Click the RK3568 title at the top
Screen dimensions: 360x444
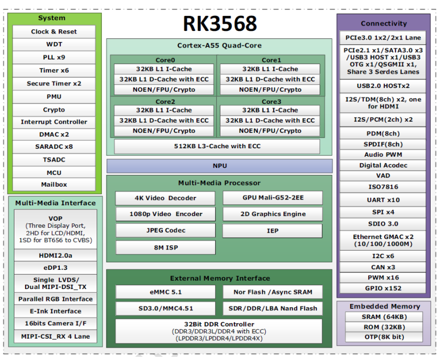[219, 23]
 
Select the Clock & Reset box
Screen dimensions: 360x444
[54, 31]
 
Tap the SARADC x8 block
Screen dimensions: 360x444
[54, 147]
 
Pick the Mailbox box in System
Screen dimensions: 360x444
[54, 185]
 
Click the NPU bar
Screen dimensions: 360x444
[219, 166]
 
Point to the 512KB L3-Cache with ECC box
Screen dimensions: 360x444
[217, 146]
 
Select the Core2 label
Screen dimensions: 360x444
[165, 101]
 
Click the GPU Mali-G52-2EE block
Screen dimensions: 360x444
[272, 198]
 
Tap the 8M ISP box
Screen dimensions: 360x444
[165, 247]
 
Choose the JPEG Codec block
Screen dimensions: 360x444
[165, 230]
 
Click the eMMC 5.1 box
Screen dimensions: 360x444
[165, 292]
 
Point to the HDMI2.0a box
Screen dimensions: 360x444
[55, 255]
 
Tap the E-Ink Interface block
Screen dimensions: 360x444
[55, 311]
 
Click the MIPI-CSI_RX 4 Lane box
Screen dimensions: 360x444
[55, 337]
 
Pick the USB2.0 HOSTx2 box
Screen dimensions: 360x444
[383, 86]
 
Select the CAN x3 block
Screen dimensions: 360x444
[383, 267]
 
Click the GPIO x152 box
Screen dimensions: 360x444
[383, 288]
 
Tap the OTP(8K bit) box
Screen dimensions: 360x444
[383, 337]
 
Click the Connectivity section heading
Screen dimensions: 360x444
[383, 23]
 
